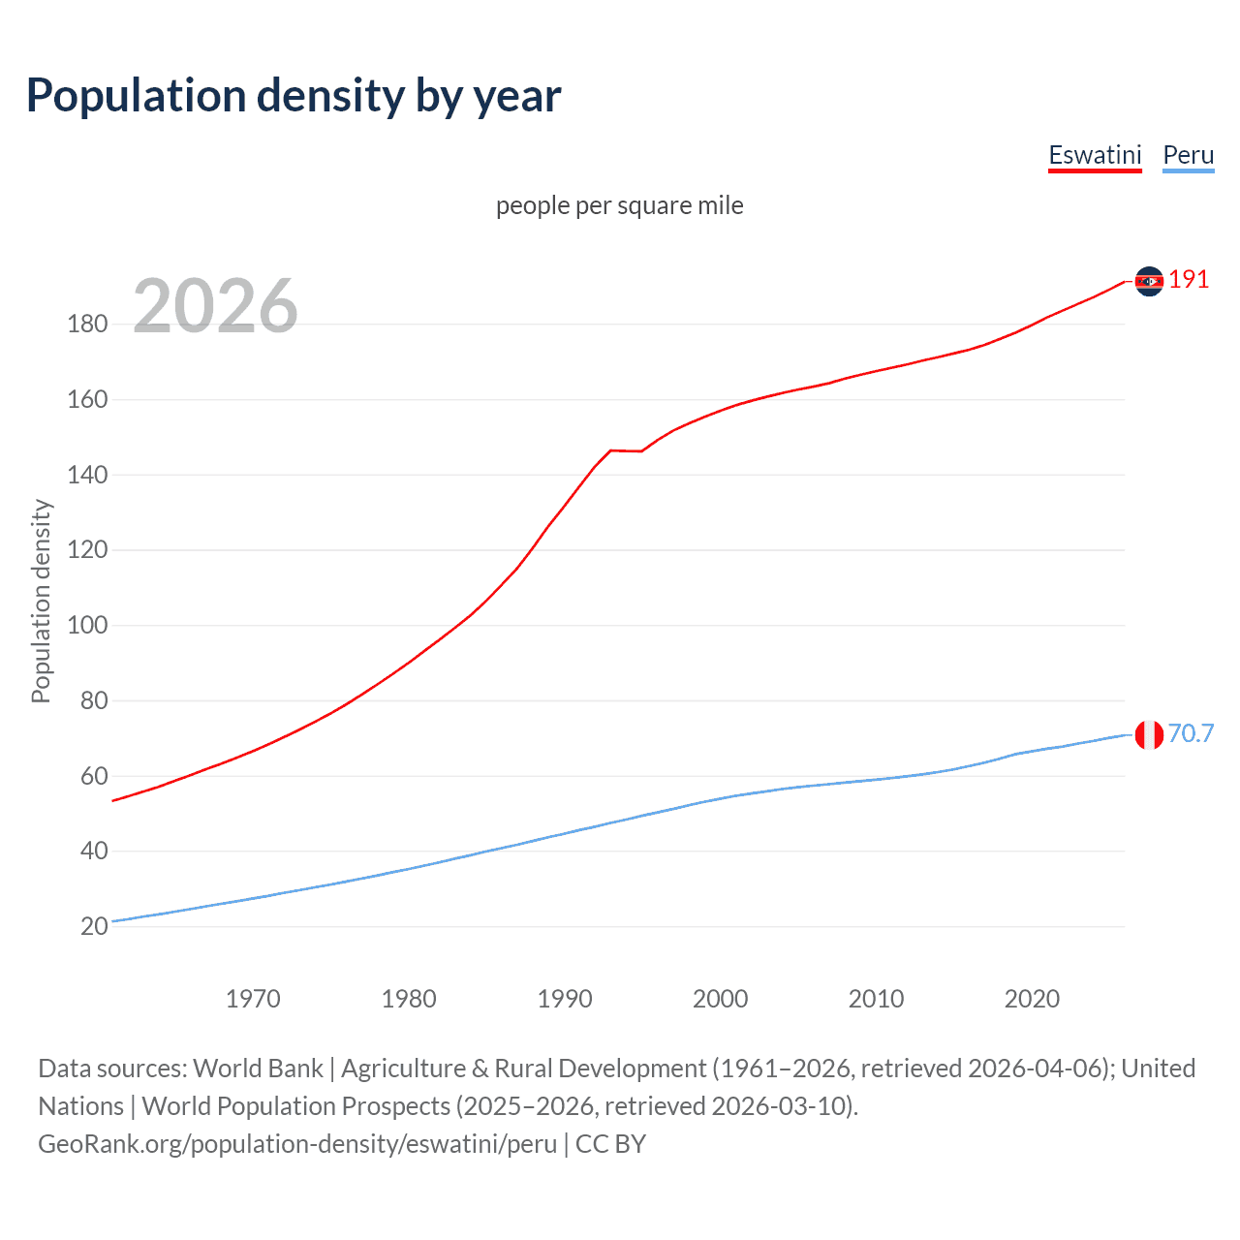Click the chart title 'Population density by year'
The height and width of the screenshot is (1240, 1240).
point(294,96)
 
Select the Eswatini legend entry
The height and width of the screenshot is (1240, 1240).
point(1095,155)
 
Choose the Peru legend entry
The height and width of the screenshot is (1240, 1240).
point(1188,155)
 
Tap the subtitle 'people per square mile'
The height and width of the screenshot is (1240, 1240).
point(619,205)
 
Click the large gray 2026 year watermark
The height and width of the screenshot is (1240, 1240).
point(215,306)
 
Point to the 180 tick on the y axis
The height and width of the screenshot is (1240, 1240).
point(87,324)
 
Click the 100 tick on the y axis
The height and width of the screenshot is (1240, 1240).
point(87,625)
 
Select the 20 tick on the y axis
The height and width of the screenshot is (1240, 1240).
point(94,926)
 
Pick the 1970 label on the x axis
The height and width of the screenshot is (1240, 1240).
point(253,999)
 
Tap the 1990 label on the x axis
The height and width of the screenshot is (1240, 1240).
point(565,999)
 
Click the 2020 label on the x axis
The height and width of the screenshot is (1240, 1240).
point(1032,999)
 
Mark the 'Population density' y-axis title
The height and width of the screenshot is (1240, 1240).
point(41,601)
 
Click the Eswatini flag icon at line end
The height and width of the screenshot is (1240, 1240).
point(1149,281)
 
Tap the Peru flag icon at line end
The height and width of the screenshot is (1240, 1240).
point(1149,735)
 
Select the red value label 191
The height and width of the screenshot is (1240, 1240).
point(1189,280)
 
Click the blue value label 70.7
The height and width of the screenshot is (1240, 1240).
point(1191,733)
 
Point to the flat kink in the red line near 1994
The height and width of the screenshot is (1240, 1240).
point(625,450)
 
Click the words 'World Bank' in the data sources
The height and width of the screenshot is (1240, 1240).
point(258,1069)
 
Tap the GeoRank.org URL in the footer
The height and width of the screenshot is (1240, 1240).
point(297,1144)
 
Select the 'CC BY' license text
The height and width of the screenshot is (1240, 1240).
point(610,1144)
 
